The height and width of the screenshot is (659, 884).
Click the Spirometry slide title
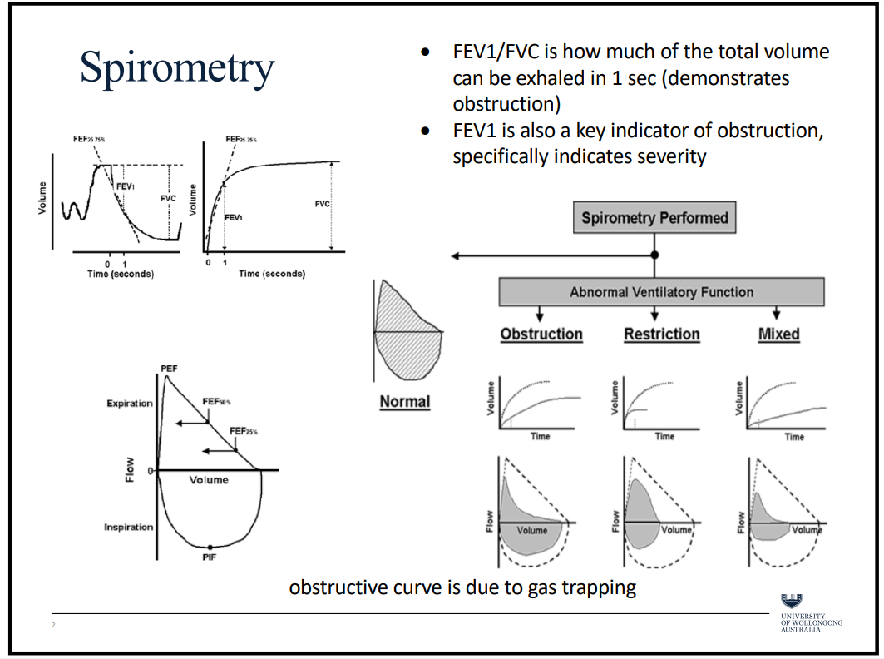(177, 68)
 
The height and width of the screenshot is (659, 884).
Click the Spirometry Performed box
(654, 219)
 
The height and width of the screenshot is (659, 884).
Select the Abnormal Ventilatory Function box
(661, 292)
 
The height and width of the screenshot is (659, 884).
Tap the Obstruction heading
(541, 334)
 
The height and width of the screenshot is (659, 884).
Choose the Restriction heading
(662, 334)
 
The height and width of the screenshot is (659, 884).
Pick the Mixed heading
(778, 334)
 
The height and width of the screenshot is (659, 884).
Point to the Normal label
(405, 402)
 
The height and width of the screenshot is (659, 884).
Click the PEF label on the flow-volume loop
(169, 369)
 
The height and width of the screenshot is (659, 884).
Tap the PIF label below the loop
(210, 557)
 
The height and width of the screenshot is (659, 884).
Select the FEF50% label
(218, 400)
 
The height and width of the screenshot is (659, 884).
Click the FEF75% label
(244, 431)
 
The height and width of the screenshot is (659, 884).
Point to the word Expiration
(130, 404)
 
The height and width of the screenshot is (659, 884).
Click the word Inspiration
(129, 528)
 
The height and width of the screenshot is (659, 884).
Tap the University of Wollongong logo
(792, 602)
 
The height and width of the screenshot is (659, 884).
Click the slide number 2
(52, 625)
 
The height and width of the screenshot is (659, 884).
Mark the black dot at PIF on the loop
(210, 546)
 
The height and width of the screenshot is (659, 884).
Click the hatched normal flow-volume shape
(407, 325)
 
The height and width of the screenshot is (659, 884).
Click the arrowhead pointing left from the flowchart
(453, 255)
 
